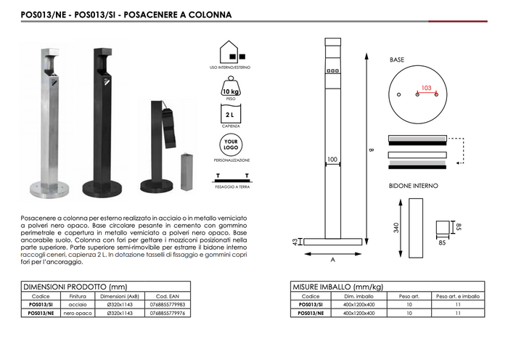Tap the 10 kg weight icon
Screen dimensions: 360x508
point(233,87)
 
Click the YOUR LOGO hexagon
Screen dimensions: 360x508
point(232,144)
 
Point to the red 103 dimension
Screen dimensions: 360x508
point(426,88)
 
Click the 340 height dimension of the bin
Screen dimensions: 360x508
point(396,226)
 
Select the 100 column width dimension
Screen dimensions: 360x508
point(332,159)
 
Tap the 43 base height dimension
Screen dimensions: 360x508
point(295,242)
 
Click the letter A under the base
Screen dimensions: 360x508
point(332,258)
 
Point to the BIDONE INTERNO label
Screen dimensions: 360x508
point(414,186)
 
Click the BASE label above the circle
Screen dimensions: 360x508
point(397,60)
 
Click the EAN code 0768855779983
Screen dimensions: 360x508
point(168,305)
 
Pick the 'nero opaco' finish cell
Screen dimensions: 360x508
point(78,314)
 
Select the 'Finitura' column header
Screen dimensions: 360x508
point(78,296)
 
